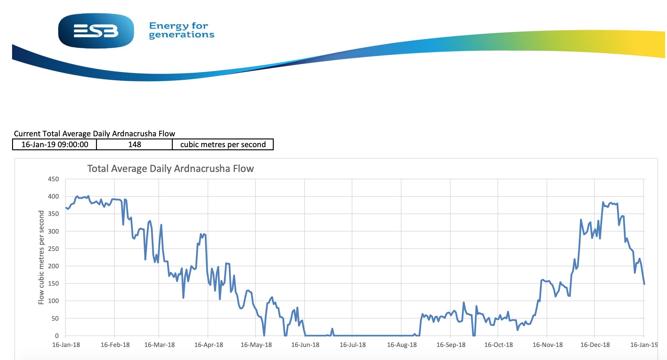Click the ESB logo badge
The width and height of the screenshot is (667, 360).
click(x=96, y=31)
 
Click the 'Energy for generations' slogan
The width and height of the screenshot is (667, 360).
click(x=181, y=30)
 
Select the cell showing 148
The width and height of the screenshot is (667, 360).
click(x=134, y=144)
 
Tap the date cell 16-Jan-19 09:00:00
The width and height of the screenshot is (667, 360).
click(x=54, y=144)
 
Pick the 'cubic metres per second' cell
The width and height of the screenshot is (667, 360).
click(x=223, y=144)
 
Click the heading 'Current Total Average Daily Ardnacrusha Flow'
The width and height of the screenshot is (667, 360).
click(x=94, y=134)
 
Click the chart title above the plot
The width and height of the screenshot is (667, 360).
click(x=170, y=169)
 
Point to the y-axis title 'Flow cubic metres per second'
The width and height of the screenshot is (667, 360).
click(x=41, y=257)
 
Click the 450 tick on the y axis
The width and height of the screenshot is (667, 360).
click(x=53, y=179)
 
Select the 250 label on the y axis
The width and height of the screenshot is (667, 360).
click(x=53, y=249)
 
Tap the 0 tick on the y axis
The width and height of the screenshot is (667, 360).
click(x=57, y=336)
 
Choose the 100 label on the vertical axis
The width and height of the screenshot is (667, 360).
click(x=53, y=301)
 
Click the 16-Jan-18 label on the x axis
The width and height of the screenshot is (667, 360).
click(x=66, y=345)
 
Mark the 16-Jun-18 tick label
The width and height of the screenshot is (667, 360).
click(x=305, y=345)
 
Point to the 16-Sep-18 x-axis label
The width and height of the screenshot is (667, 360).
click(x=451, y=345)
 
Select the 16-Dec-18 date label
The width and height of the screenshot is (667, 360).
click(x=595, y=345)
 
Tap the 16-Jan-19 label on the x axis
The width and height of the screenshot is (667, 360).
click(x=644, y=345)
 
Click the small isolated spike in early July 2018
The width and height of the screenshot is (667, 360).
click(x=332, y=329)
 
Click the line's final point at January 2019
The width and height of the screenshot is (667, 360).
click(x=644, y=284)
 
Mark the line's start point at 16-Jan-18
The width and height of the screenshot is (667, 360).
click(x=66, y=208)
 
